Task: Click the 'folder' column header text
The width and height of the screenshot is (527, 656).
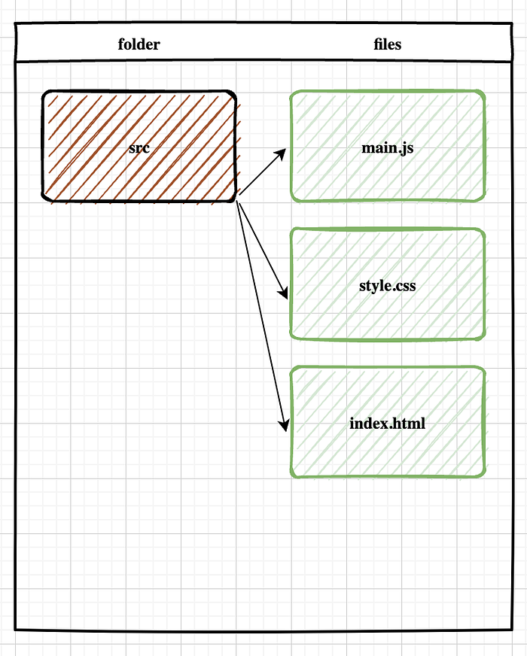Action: coord(139,44)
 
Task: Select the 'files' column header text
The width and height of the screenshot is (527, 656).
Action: coord(388,44)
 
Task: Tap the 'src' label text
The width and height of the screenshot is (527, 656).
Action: coord(139,147)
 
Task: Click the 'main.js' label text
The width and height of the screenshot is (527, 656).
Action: coord(388,147)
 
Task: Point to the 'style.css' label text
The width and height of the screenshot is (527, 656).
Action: coord(388,286)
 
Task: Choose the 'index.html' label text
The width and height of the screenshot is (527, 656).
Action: coord(388,424)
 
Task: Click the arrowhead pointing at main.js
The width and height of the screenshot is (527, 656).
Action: coord(282,153)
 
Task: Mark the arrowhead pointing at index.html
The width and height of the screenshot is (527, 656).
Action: coord(285,427)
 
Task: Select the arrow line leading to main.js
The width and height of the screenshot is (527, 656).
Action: coord(260,175)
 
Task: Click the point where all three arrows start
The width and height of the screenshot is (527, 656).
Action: coord(239,199)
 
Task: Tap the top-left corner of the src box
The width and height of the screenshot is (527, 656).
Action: coord(44,93)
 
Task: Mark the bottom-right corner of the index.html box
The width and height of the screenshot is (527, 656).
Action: coord(483,475)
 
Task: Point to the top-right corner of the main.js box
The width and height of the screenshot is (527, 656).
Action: coord(483,93)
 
